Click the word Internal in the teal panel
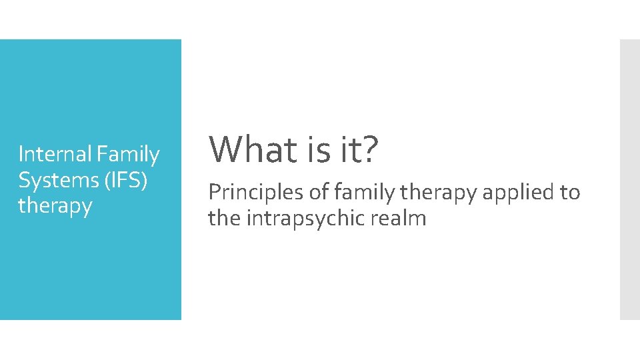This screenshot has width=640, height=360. [55, 155]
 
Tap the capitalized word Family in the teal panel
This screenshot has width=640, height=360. [128, 155]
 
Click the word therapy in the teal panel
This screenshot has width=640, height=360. [55, 206]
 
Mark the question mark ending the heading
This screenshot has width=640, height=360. [369, 150]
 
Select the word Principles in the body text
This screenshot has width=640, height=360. [255, 193]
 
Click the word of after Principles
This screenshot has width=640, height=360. [319, 193]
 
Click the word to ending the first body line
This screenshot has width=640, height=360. [570, 193]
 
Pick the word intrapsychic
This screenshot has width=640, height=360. [305, 218]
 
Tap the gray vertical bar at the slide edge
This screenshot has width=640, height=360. [629, 179]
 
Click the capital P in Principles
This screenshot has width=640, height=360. [213, 193]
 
